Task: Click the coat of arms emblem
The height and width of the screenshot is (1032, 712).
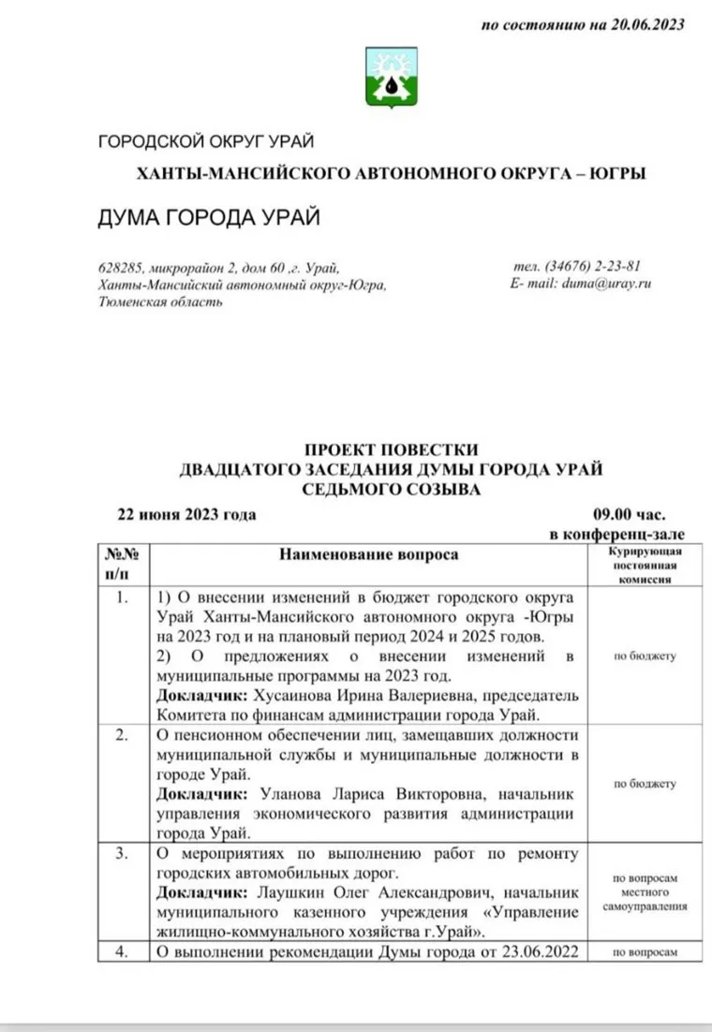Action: (x=384, y=76)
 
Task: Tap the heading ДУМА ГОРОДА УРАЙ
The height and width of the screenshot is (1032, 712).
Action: (x=209, y=218)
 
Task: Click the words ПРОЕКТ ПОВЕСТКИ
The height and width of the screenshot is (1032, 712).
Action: (x=392, y=450)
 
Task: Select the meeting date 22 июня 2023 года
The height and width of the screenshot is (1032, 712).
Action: (x=185, y=515)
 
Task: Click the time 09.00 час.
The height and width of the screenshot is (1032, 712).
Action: (x=629, y=515)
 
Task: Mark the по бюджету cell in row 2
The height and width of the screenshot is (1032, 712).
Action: (x=645, y=784)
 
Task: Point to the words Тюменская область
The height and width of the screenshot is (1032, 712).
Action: (x=160, y=302)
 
